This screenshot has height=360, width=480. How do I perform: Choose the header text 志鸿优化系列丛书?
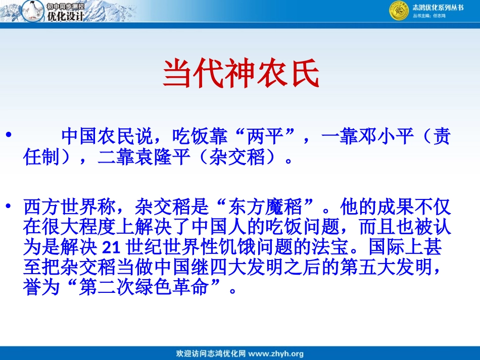click(438, 7)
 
